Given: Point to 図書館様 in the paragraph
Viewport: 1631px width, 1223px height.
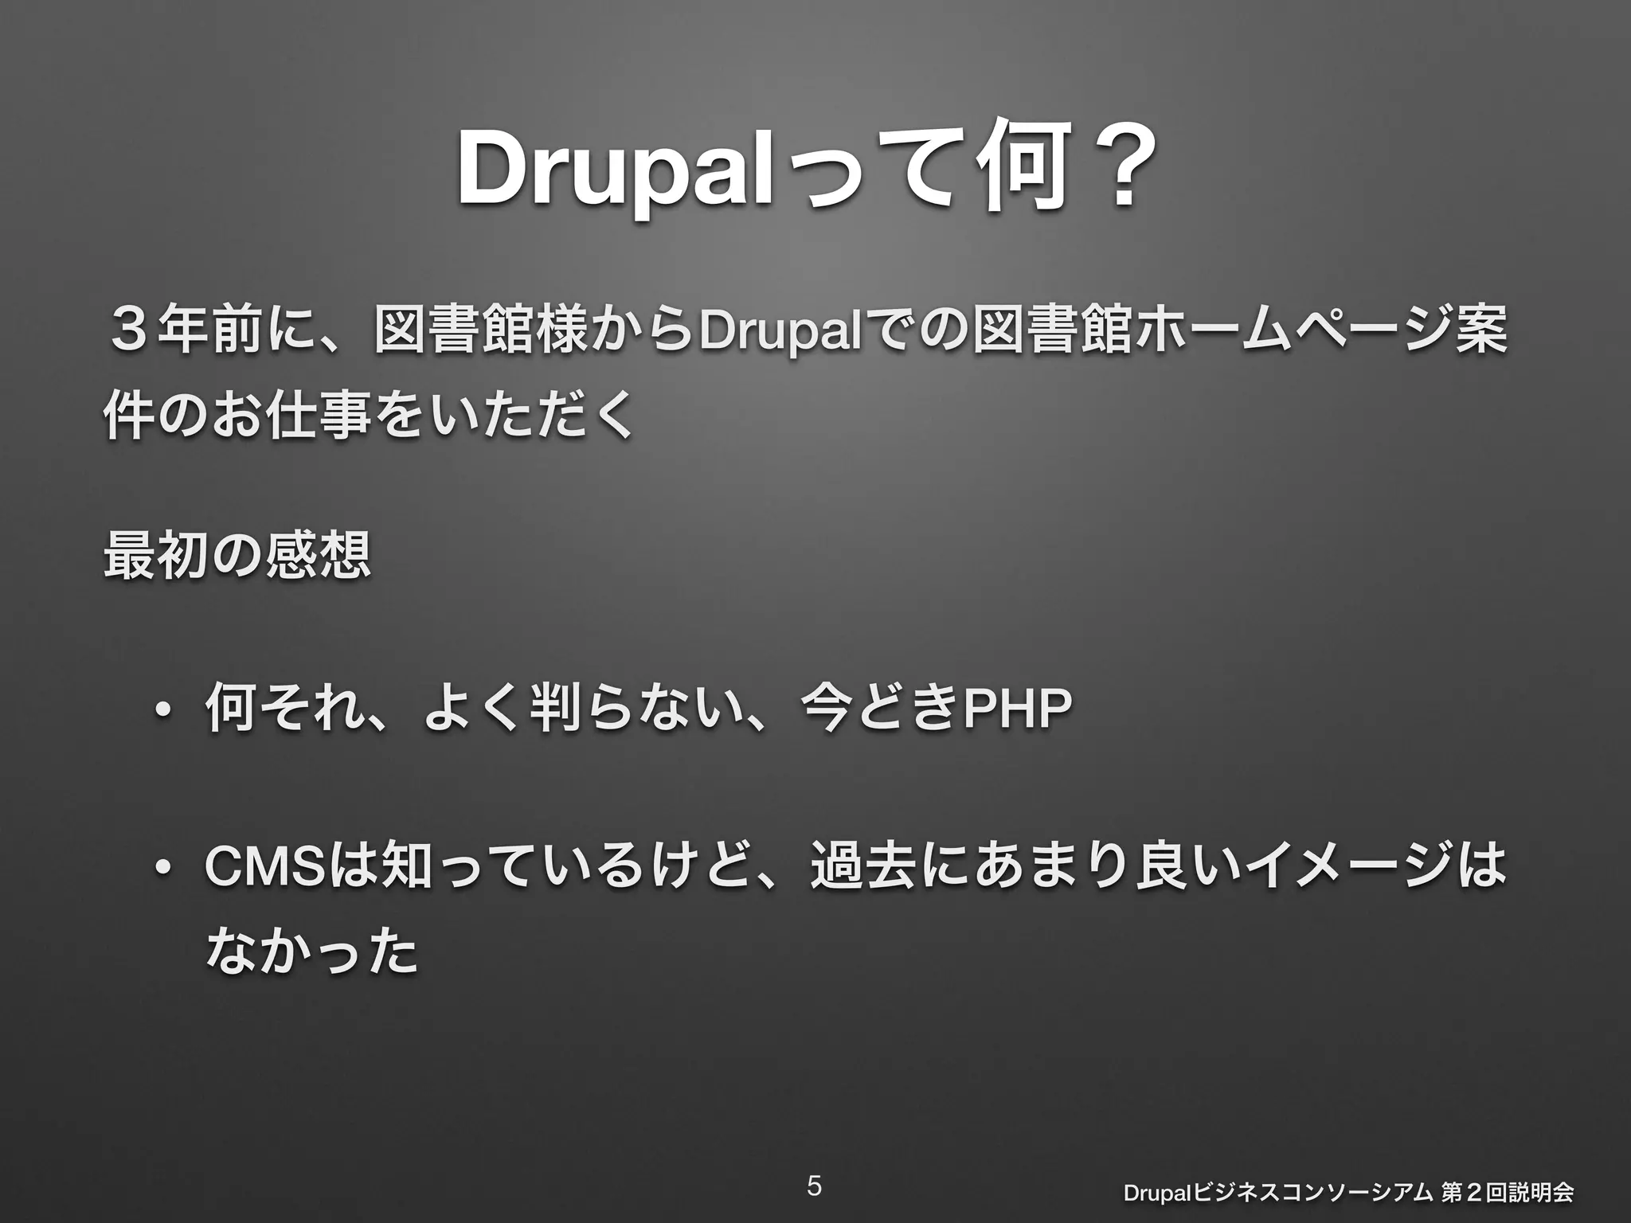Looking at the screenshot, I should [482, 330].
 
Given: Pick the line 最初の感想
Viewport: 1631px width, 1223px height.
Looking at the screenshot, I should [237, 555].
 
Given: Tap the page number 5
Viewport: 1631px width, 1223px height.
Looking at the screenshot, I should [814, 1186].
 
